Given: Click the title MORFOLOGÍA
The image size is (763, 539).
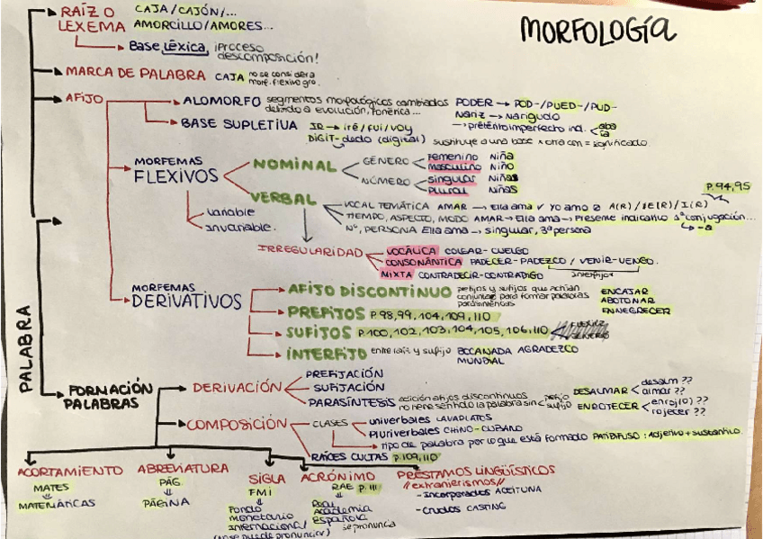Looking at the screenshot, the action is tap(597, 31).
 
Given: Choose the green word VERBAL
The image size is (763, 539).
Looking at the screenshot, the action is tap(283, 199).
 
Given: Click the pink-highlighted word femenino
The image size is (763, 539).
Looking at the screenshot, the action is tap(452, 156).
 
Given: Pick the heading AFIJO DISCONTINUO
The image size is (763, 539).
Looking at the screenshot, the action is tap(369, 292).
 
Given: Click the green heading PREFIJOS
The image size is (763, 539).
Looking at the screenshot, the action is tap(325, 313).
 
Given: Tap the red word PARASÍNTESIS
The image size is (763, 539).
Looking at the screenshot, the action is tap(347, 400).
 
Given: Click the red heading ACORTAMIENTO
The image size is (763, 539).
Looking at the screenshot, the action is tap(69, 470).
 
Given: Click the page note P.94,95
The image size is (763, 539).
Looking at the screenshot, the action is tap(727, 186).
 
